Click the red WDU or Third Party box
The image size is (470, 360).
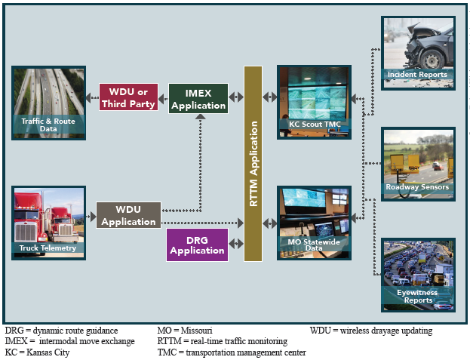click(x=128, y=97)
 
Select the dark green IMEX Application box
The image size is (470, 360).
click(x=198, y=99)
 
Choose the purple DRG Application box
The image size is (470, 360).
click(x=197, y=245)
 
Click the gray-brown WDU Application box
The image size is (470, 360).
click(x=128, y=215)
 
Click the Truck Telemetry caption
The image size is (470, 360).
click(x=48, y=248)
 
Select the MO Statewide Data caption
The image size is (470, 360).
click(x=315, y=243)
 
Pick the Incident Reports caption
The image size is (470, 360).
click(x=417, y=75)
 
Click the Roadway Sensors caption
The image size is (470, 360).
click(x=417, y=186)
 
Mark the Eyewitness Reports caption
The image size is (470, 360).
click(x=418, y=296)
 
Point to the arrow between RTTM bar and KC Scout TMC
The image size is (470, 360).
click(x=269, y=97)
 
